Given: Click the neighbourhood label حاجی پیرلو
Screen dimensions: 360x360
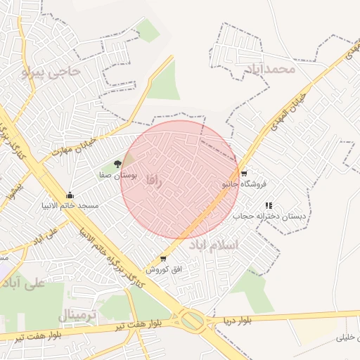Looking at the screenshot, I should [52, 71].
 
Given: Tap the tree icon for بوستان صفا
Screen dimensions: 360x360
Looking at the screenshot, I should [117, 163].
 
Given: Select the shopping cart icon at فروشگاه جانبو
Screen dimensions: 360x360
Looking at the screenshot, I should [244, 173].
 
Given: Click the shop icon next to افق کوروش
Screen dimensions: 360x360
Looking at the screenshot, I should [164, 259].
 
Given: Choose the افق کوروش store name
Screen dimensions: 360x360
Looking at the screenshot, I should [164, 269].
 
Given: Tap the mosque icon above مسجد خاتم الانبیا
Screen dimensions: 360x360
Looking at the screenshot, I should [69, 195].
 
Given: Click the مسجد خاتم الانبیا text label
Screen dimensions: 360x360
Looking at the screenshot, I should [69, 205].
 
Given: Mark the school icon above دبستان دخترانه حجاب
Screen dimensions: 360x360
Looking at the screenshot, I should [269, 205].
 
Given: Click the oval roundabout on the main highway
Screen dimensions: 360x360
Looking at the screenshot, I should [192, 322].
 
